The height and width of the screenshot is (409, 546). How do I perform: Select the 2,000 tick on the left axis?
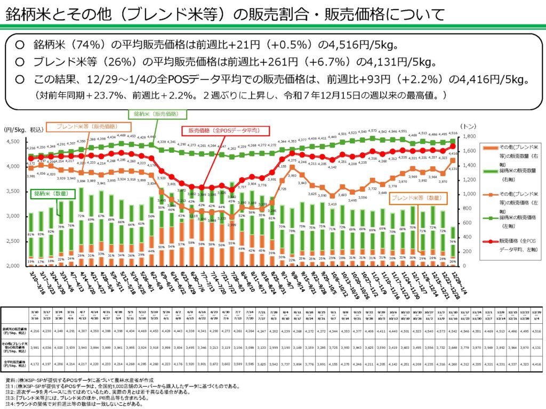(x=13, y=266)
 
